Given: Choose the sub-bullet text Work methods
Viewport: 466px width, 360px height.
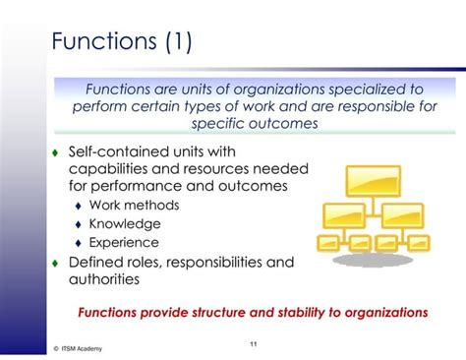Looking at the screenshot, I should [x=134, y=206].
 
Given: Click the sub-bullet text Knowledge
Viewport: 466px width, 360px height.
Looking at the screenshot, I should [x=125, y=224].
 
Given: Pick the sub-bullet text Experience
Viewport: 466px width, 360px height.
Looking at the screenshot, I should [x=124, y=243].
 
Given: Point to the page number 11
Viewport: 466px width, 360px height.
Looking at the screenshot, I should [x=253, y=342].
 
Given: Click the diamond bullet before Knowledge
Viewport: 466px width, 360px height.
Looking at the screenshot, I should [x=78, y=225].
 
